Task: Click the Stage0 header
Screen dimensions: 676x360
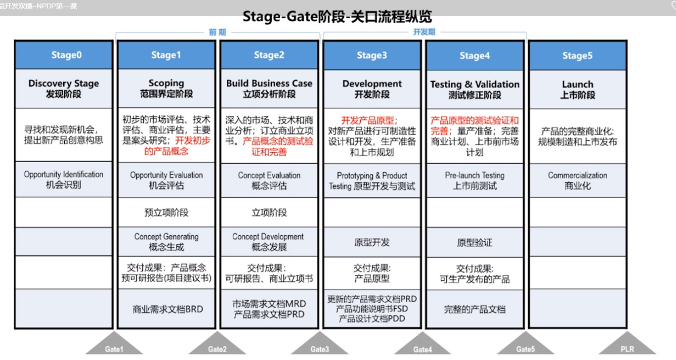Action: click(64, 55)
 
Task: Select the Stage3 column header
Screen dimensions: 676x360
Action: click(372, 55)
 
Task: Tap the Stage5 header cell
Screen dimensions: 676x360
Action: click(577, 56)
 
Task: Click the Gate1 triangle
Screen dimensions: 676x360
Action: click(114, 344)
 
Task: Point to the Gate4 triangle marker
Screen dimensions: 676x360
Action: click(422, 344)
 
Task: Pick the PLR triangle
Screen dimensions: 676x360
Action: click(627, 344)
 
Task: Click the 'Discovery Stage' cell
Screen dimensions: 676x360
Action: click(64, 89)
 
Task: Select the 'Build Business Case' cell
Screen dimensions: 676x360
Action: click(269, 89)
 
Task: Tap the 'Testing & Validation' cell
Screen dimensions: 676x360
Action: click(475, 90)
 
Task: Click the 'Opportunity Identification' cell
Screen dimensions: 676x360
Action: click(64, 180)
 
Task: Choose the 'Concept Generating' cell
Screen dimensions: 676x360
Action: click(167, 242)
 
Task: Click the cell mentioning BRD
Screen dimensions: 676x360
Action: click(167, 309)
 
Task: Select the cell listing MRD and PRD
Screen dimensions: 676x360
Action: click(269, 309)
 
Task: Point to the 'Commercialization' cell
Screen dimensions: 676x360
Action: click(577, 180)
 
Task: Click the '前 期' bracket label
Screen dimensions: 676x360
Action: click(217, 32)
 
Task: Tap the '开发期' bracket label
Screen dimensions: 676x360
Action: click(424, 32)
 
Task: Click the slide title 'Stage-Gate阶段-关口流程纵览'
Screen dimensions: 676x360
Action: click(337, 17)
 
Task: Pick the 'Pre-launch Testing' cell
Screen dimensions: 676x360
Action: click(475, 180)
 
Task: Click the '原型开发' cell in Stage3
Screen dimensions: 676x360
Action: click(372, 242)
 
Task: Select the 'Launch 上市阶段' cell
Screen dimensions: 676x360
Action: click(577, 90)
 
